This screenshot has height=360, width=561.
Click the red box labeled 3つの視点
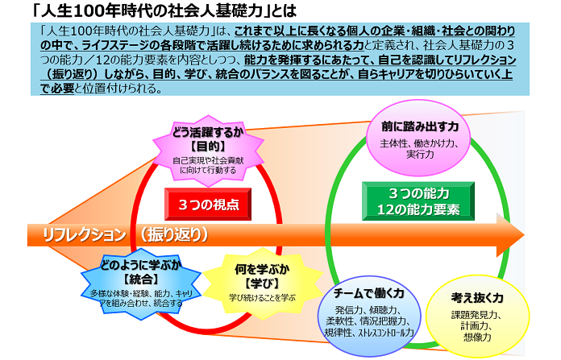coord(208,204)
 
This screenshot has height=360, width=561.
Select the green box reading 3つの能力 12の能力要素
coord(418,201)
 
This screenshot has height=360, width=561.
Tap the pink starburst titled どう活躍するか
coord(208,151)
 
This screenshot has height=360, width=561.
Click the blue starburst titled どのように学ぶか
coord(141,283)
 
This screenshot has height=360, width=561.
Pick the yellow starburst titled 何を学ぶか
coord(263,283)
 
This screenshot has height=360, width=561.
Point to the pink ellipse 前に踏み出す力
coord(418,138)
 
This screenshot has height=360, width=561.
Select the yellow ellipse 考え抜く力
coord(477,316)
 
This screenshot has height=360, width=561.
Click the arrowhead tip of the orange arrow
coord(525,235)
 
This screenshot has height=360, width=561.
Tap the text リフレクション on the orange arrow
coord(85,235)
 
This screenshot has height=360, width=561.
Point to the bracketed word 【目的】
coord(208,147)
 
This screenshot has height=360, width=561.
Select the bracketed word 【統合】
coord(141,279)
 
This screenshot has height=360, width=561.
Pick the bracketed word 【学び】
coord(262,283)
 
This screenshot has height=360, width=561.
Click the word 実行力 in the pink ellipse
coord(421,155)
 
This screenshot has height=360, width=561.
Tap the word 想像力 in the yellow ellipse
coord(478,337)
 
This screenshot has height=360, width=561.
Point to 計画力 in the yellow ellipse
coord(478,326)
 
